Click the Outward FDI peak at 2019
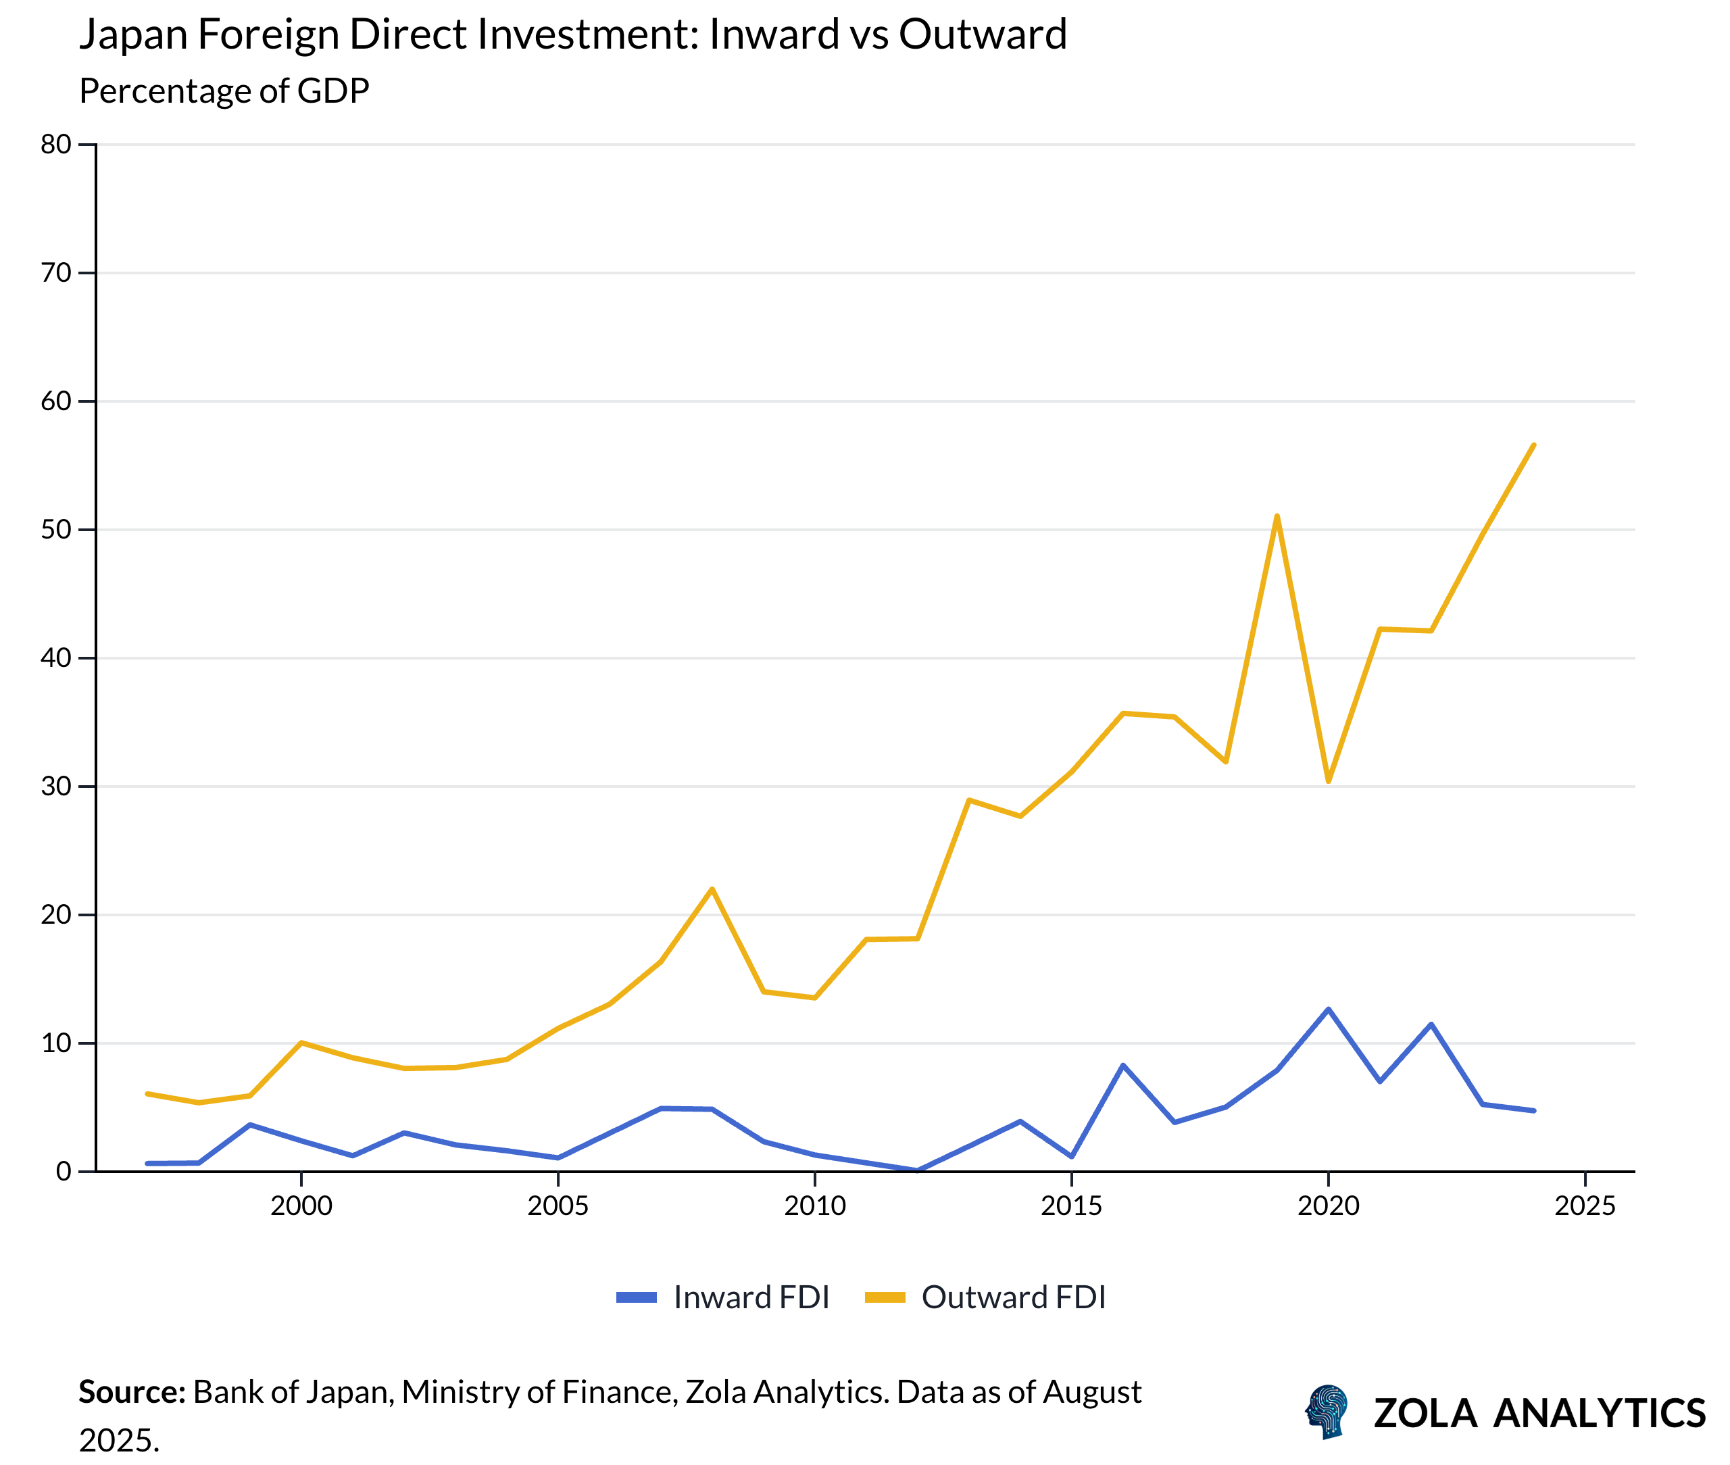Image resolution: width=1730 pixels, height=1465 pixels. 1277,516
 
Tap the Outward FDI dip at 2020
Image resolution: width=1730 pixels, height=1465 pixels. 1328,780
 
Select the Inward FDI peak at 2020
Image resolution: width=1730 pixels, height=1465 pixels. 1328,1009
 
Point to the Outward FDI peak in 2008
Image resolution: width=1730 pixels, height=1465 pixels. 712,889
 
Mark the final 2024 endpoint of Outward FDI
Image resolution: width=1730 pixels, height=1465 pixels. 1533,445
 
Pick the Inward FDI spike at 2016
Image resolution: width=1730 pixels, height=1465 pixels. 1123,1066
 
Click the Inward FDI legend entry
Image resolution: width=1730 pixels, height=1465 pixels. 722,1297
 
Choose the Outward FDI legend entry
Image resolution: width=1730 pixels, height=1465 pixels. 985,1297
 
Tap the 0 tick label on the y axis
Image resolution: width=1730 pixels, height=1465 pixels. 63,1172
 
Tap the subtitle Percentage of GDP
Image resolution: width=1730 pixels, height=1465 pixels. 224,91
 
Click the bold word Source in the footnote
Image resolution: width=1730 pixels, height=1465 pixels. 131,1392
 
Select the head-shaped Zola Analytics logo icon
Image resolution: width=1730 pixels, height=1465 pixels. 1327,1411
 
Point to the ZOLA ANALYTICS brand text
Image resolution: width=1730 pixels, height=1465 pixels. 1539,1414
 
